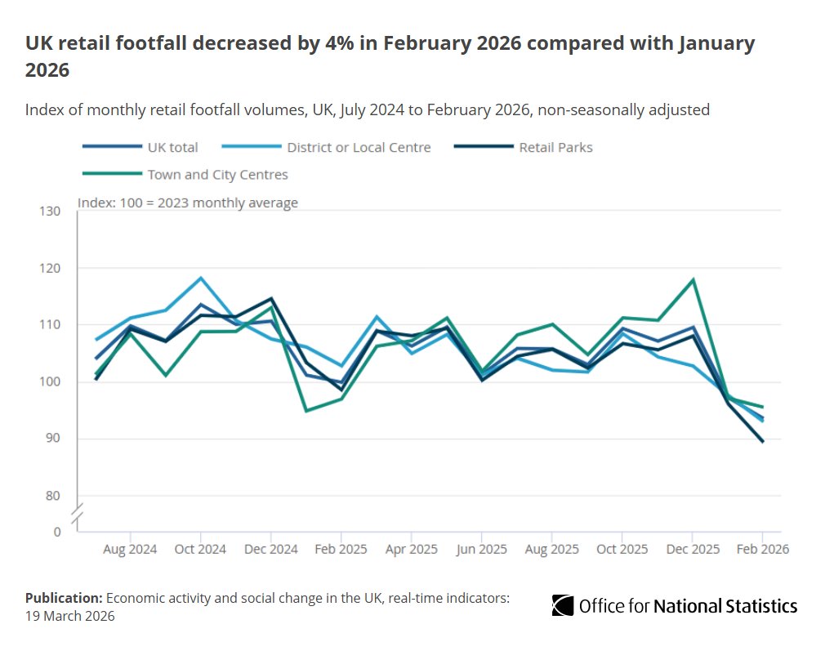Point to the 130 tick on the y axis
tap(50, 212)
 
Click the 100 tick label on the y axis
tap(50, 382)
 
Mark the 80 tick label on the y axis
tap(53, 496)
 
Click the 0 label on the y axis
tap(56, 532)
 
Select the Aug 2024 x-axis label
tap(130, 550)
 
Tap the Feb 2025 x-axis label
tap(341, 550)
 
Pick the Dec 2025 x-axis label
tap(693, 550)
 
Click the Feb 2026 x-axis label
tap(762, 550)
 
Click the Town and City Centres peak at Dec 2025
tap(693, 279)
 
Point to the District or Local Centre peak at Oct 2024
tap(201, 278)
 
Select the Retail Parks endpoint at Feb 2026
tap(763, 441)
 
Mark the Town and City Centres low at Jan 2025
tap(306, 411)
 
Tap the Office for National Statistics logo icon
tap(562, 605)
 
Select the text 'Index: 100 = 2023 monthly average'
tap(188, 203)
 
